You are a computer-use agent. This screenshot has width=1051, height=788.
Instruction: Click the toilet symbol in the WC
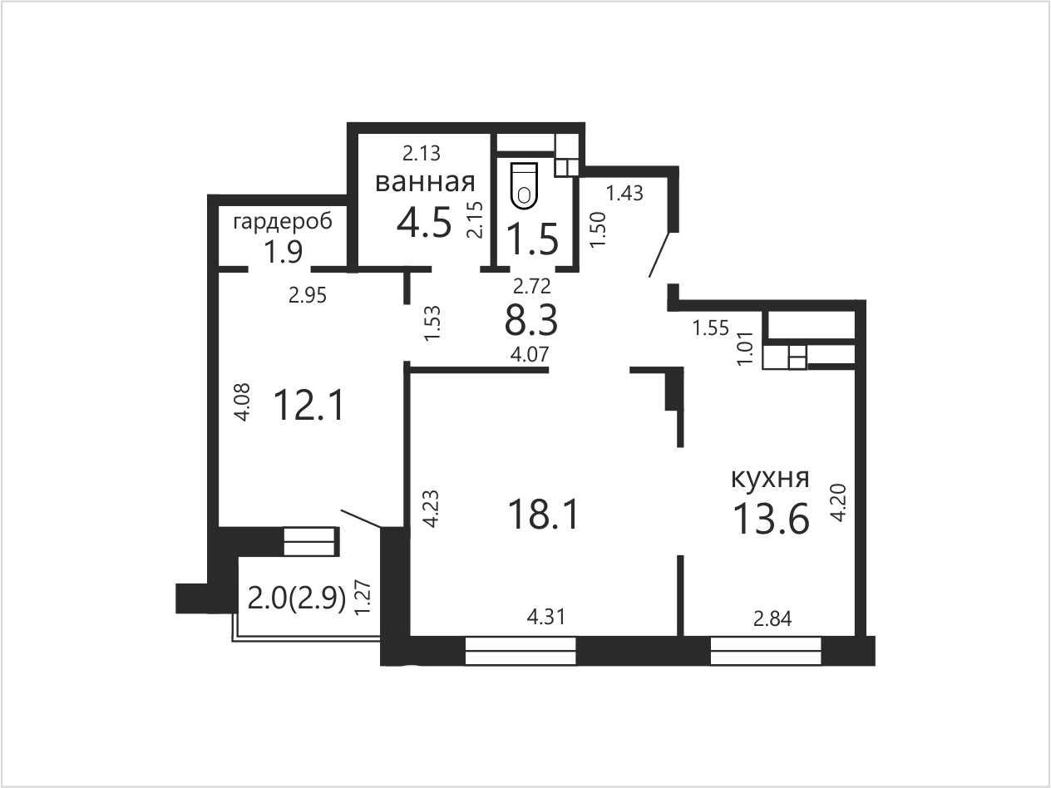point(525,185)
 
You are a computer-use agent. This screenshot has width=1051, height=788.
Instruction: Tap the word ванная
point(425,182)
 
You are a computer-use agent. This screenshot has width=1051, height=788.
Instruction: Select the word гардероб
point(283,223)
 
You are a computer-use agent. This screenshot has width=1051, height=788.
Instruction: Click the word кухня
point(770,478)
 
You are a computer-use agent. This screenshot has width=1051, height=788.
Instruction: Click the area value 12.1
point(308,405)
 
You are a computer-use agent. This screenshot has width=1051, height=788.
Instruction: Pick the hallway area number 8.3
point(531,321)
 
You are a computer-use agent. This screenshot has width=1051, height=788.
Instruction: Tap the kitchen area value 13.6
point(771,519)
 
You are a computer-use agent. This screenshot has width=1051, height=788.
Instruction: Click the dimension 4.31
point(545,618)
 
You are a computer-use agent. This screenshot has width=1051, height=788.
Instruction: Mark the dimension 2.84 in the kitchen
point(772,619)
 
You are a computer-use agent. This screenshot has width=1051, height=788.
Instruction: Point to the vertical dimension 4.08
point(242,401)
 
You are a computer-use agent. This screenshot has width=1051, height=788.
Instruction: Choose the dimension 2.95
point(308,296)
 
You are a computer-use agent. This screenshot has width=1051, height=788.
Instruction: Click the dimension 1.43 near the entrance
point(624,194)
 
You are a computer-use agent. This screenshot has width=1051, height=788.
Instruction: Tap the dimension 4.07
point(530,355)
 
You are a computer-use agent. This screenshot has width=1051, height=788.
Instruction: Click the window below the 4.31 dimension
point(520,651)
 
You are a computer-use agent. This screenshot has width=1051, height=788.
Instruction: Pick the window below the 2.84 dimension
point(766,651)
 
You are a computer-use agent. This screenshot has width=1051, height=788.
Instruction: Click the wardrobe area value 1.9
point(283,252)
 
